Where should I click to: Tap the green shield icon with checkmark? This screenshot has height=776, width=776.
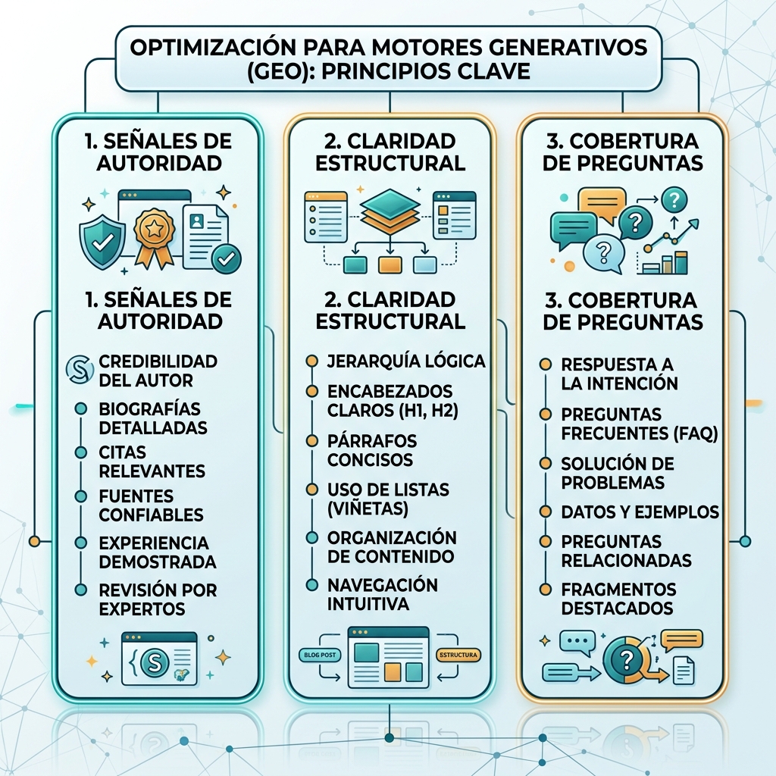pos(103,242)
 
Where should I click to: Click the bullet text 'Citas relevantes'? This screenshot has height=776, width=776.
pos(152,462)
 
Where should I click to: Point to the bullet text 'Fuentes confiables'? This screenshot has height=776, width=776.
pos(151,505)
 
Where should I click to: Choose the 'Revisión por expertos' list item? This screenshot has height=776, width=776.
pos(158,599)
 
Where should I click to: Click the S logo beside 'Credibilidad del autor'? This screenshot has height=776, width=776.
pos(80,369)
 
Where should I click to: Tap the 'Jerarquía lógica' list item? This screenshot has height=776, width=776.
pos(406,361)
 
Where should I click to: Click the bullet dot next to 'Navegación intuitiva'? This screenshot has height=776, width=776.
pos(311,585)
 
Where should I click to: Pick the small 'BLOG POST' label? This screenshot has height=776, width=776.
pos(320,655)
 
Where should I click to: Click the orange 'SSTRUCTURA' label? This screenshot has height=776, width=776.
pos(458,655)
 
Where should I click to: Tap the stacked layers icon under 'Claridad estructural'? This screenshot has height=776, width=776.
pos(390,211)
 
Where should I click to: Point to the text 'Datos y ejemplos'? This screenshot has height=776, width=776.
pos(640,512)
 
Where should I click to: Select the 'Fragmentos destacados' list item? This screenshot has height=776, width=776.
pos(618,599)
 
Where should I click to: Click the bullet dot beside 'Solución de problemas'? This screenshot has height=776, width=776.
pos(546,464)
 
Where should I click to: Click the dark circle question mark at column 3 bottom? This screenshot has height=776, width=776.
pos(626,660)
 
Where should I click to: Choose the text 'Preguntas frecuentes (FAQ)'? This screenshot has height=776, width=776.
pos(639,424)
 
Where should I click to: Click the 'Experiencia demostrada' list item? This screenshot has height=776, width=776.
pos(158,552)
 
